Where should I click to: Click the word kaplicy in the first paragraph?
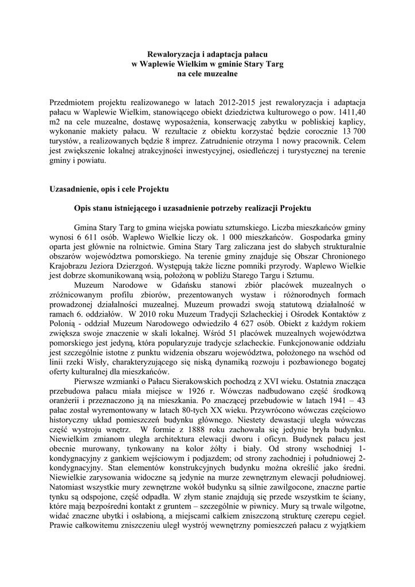pyautogui.click(x=350, y=122)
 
